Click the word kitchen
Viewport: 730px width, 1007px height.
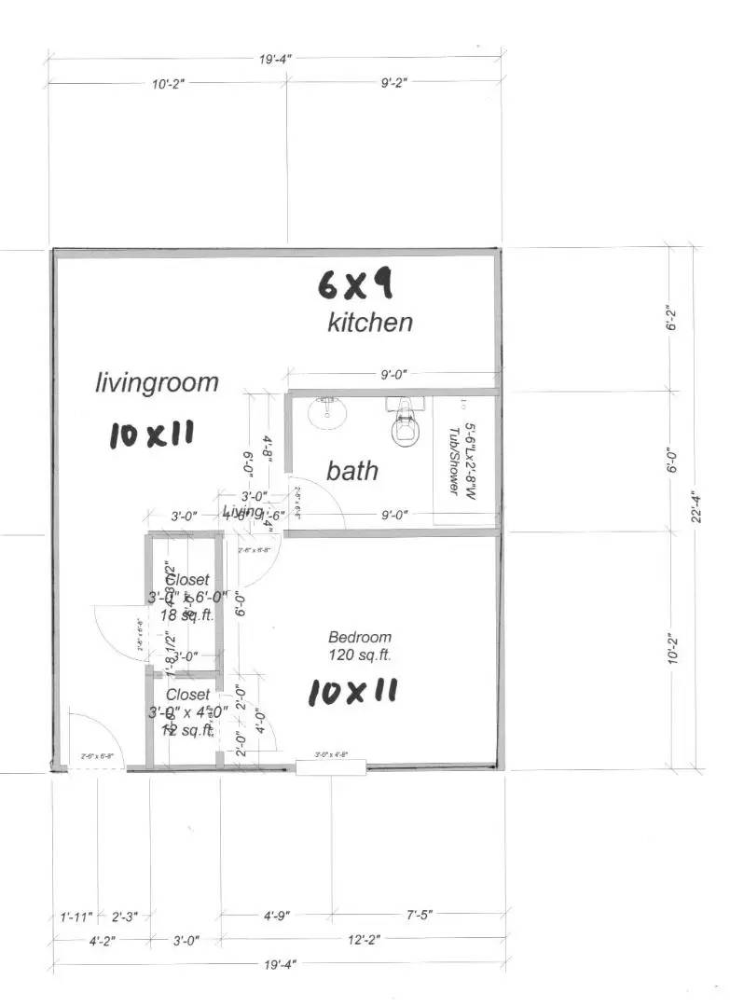click(x=369, y=323)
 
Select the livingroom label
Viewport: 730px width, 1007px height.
click(x=157, y=382)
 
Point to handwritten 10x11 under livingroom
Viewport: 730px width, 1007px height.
click(x=151, y=435)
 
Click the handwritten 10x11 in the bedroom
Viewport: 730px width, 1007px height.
click(x=352, y=692)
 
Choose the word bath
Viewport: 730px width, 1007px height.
click(x=352, y=471)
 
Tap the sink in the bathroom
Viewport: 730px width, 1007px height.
click(x=326, y=411)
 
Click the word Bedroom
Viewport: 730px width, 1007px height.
click(x=360, y=638)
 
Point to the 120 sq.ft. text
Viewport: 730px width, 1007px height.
click(x=360, y=655)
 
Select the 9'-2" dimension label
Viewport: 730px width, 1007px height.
click(x=394, y=83)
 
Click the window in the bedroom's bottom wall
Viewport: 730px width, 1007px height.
click(x=331, y=767)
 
